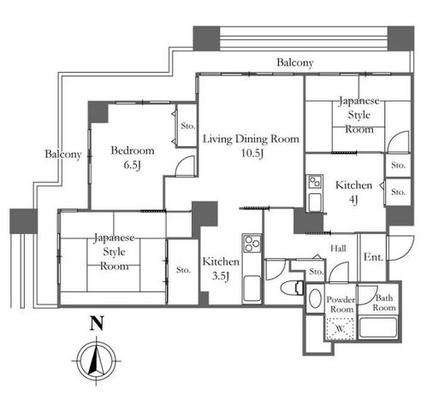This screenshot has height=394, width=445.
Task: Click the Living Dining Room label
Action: tap(251, 139)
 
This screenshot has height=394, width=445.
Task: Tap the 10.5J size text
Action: tap(252, 153)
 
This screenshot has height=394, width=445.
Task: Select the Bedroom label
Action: tap(133, 150)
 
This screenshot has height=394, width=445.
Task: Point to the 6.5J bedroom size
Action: tap(132, 165)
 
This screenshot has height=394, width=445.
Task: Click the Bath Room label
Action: tap(384, 303)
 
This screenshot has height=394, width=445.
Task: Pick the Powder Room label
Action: tap(341, 304)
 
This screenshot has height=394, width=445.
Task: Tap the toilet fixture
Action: tap(292, 287)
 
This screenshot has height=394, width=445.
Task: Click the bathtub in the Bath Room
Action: tap(378, 327)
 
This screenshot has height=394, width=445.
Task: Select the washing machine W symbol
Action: tap(340, 329)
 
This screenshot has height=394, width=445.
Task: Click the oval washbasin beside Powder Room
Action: tap(315, 298)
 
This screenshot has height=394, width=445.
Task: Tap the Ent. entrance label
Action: tap(373, 257)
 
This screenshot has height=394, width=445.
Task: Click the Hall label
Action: tap(338, 249)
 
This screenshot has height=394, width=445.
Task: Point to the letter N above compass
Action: tap(97, 323)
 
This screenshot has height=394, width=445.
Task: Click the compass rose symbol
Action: tap(97, 361)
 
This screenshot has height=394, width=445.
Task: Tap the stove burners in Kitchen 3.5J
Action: tap(252, 244)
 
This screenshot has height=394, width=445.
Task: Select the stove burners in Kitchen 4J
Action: tap(315, 182)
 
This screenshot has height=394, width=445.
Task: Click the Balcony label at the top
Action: tap(295, 62)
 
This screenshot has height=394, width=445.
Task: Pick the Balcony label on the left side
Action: tap(63, 154)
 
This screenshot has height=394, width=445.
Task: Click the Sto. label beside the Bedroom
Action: tap(188, 126)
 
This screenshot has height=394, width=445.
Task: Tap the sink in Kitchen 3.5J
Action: tap(252, 288)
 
